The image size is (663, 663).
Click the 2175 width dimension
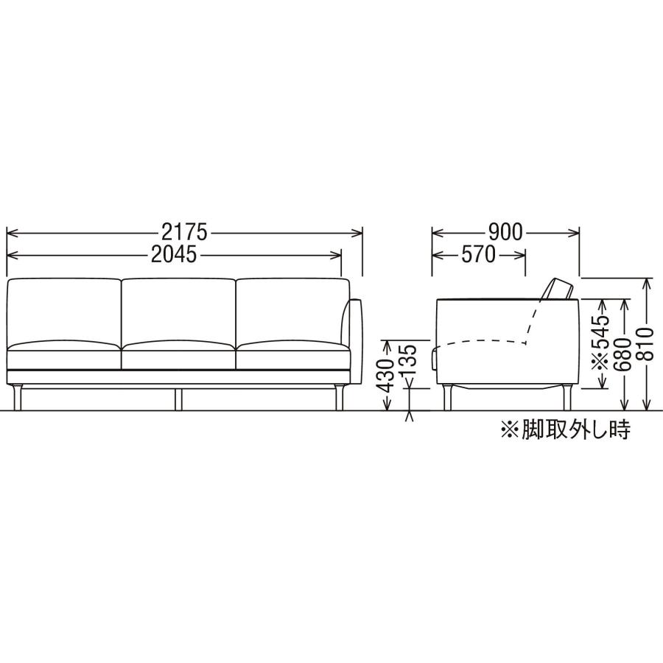184,232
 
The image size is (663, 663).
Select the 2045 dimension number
174,255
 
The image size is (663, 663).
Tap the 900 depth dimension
505,232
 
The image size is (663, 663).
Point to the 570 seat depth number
478,255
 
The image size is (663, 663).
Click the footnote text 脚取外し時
576,429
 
